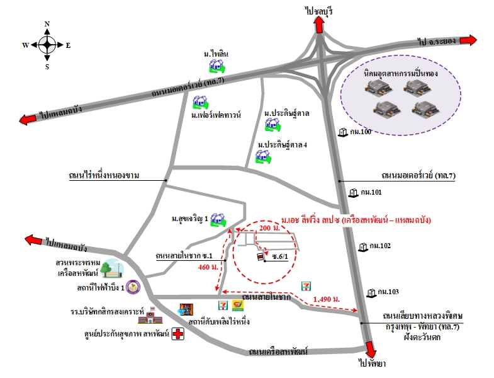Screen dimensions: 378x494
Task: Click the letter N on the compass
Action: click(x=47, y=24)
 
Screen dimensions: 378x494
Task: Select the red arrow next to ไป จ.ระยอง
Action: click(x=467, y=40)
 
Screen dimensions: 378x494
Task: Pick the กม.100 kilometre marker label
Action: click(x=361, y=132)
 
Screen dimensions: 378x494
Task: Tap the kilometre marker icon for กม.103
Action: click(x=372, y=292)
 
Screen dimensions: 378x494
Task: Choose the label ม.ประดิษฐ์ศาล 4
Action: click(x=283, y=145)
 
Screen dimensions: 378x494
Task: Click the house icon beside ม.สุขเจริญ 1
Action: click(x=218, y=219)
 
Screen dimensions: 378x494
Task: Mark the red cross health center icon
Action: click(x=178, y=335)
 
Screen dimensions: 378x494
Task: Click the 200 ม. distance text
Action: click(x=269, y=227)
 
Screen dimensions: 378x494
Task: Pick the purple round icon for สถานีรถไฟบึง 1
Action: click(x=132, y=287)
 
